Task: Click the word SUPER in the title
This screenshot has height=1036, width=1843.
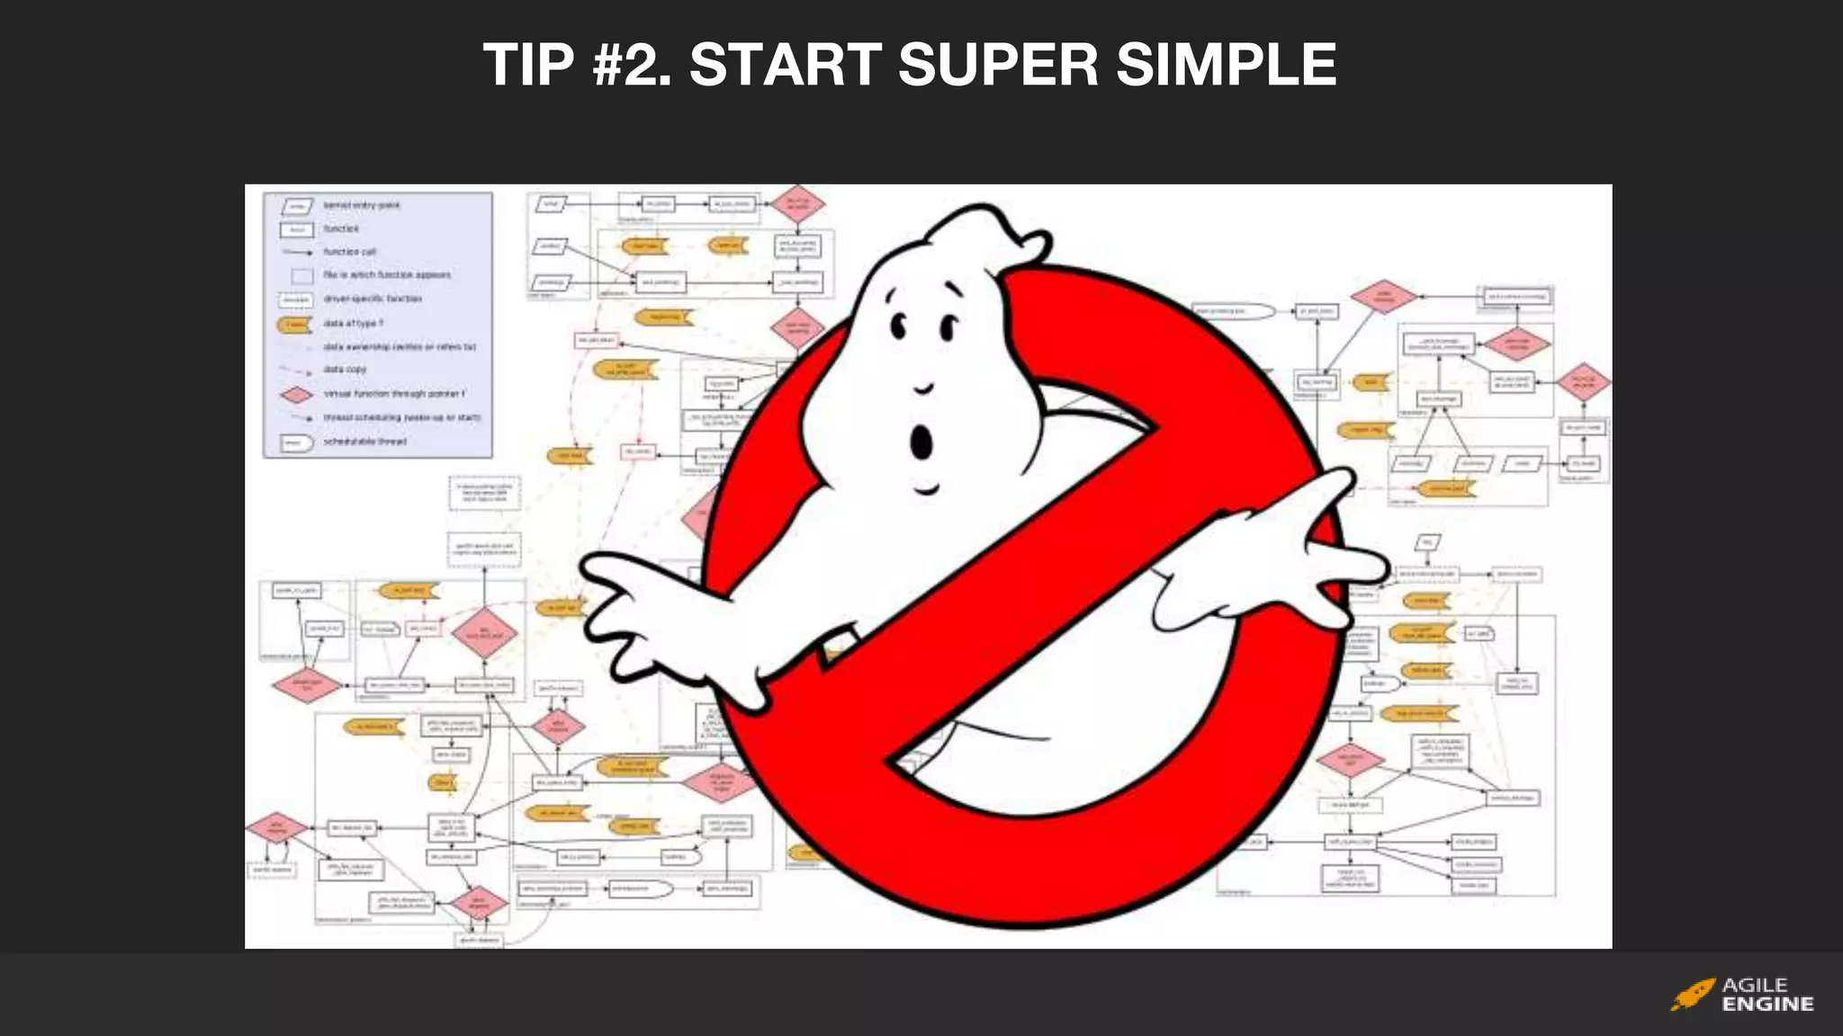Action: [998, 65]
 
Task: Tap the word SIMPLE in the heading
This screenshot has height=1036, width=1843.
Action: [1227, 65]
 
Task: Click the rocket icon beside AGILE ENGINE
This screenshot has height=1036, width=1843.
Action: [1693, 995]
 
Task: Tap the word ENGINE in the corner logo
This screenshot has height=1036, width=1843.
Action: [1767, 1005]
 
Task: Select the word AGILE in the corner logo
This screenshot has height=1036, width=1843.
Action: [1755, 985]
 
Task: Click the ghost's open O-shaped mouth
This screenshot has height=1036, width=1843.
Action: [921, 442]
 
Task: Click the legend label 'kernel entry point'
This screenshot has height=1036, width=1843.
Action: [362, 206]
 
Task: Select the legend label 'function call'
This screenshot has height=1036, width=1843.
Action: [350, 252]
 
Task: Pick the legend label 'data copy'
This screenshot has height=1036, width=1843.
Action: [345, 370]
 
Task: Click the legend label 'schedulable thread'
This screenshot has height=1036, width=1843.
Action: [365, 442]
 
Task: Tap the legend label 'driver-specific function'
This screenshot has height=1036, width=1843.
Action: [373, 299]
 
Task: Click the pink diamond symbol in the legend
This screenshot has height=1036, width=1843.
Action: [296, 394]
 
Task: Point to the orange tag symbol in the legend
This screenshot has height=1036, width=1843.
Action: [294, 324]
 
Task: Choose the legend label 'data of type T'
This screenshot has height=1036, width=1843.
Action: [354, 323]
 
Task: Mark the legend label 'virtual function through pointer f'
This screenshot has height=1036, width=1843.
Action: [394, 394]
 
